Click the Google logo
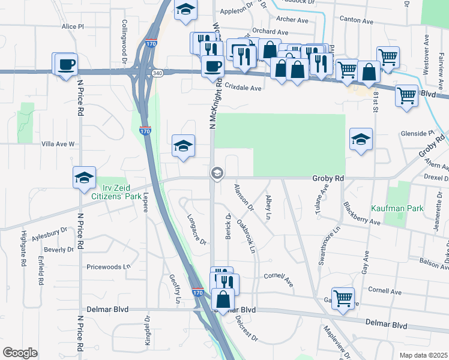20,353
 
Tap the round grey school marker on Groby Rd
217,174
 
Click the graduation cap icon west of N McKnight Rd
184,146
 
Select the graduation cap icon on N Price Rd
84,178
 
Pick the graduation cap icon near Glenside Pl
360,140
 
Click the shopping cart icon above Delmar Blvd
343,296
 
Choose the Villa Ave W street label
58,144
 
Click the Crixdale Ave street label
243,88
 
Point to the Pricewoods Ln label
109,266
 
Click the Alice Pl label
73,27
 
